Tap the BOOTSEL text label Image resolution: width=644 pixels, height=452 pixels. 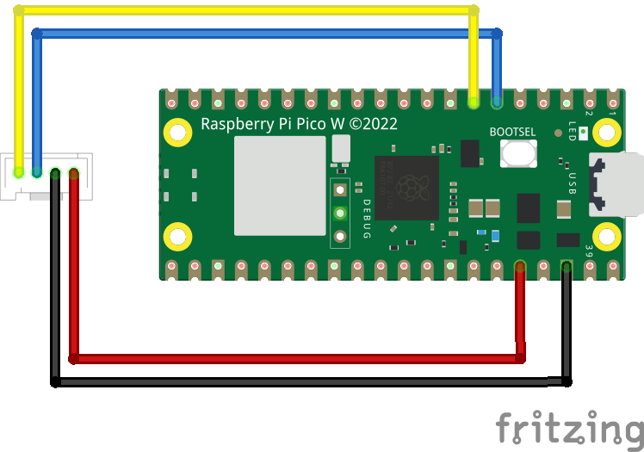click(512, 132)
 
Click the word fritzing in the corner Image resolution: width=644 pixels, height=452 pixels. click(569, 427)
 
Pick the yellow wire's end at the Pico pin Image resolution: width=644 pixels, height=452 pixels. click(474, 102)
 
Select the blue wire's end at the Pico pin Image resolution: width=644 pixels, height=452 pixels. click(497, 102)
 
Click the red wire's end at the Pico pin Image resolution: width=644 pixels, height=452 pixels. click(520, 266)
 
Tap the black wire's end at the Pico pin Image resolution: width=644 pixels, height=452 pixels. click(567, 266)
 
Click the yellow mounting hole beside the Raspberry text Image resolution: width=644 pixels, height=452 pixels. click(178, 133)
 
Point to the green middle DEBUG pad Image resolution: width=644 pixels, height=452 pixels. click(340, 213)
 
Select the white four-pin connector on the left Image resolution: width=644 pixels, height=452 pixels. click(46, 176)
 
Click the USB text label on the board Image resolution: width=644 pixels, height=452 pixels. click(573, 184)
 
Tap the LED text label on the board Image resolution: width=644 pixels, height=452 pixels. click(573, 132)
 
